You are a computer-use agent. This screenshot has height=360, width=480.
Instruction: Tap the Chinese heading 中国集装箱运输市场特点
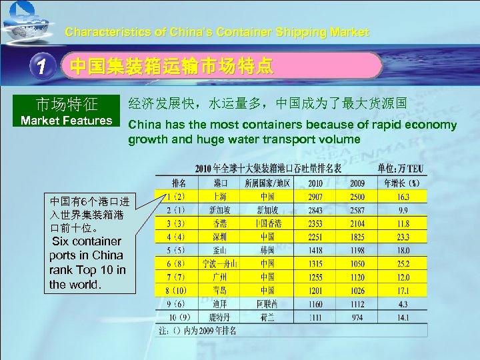172,66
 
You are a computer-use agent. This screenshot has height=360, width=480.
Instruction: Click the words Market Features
67,121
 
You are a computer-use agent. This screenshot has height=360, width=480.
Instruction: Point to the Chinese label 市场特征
67,104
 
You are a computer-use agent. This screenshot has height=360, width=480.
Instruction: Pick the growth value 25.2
403,264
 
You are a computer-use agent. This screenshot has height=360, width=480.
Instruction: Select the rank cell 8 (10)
177,291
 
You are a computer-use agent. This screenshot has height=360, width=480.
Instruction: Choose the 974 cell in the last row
357,317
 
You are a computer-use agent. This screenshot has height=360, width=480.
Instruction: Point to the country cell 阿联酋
267,304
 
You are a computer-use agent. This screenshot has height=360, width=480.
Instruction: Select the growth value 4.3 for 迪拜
403,304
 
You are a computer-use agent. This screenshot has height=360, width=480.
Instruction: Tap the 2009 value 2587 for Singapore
357,210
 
